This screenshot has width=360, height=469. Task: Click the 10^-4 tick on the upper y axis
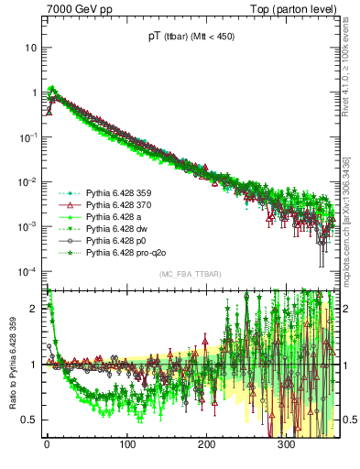click(x=27, y=271)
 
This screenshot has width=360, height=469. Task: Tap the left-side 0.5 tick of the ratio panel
click(x=30, y=420)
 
